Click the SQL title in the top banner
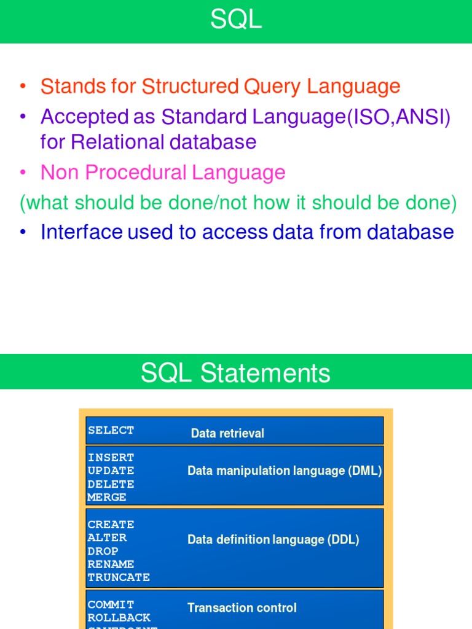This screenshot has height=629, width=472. coord(236,20)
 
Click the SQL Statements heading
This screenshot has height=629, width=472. coord(236,373)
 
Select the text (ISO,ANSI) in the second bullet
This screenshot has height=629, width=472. coord(399,117)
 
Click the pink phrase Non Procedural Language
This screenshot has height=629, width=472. coord(163,173)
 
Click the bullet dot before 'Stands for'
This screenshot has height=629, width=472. coord(23,87)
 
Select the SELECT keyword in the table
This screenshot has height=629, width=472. coord(111,431)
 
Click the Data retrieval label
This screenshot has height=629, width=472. coord(227,434)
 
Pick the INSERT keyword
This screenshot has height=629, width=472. coord(111,458)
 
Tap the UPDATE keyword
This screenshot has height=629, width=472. coord(111,471)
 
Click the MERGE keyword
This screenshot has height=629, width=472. coord(107,498)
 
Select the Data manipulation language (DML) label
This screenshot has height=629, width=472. coord(285,471)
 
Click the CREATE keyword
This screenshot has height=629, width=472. coord(111,525)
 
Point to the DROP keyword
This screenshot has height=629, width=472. coord(103,551)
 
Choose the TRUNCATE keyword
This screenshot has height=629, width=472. coord(119,577)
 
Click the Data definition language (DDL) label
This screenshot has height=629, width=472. coord(273,540)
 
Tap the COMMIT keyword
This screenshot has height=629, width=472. coord(111,604)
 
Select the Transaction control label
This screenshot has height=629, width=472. coord(242,608)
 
